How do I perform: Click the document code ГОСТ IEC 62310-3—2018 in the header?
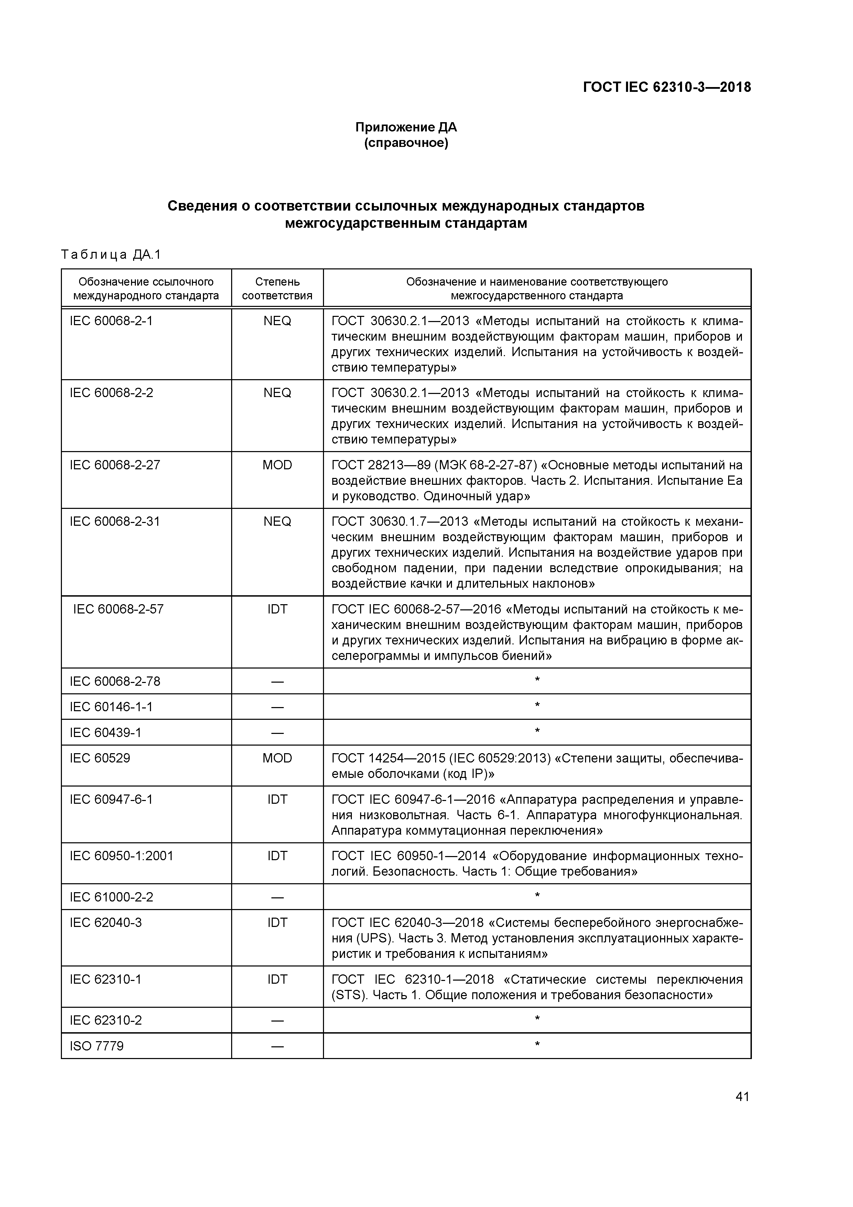[667, 87]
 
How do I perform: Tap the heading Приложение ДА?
[406, 127]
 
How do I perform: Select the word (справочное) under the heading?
[406, 143]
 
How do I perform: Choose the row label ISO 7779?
[97, 1046]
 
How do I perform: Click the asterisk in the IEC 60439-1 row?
[537, 731]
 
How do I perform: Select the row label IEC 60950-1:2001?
[121, 856]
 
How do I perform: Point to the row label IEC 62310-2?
[106, 1021]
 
